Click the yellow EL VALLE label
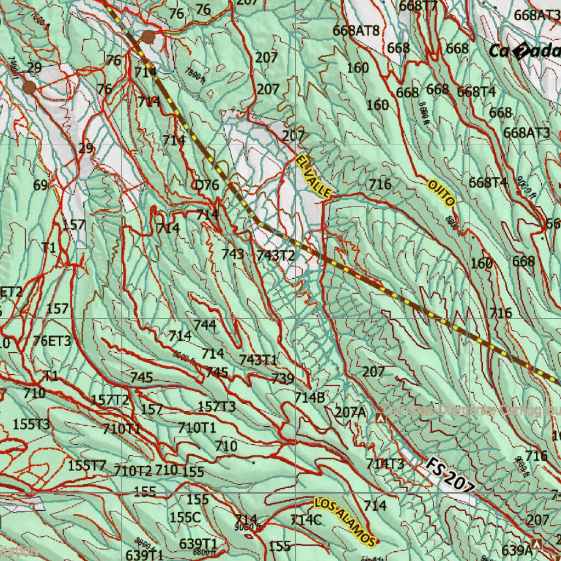(314, 176)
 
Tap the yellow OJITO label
(442, 192)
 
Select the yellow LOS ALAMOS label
(345, 522)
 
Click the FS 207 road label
(449, 475)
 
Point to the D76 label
(207, 185)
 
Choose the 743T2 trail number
(276, 255)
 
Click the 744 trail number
(205, 325)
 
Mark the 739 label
(283, 378)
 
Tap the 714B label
(310, 398)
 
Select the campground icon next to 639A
(537, 545)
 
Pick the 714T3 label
(385, 464)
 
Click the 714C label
(306, 520)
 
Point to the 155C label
(185, 517)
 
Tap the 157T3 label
(216, 407)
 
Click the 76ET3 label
(52, 341)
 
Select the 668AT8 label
(356, 30)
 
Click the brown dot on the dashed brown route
(148, 37)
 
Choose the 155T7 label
(87, 466)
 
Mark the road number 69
(41, 185)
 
